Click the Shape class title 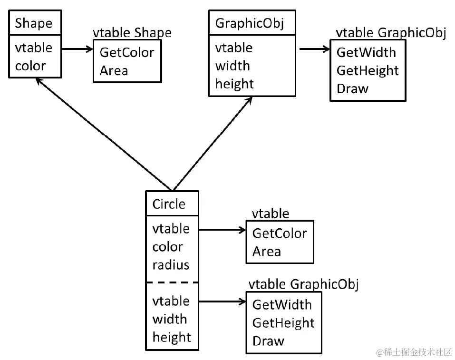tap(33, 23)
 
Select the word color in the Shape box tap(30, 66)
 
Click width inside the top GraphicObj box tap(232, 66)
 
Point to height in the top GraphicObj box tap(234, 84)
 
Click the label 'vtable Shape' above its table tap(132, 32)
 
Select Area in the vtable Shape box tap(114, 70)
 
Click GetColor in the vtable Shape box tap(126, 52)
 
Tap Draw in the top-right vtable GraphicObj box tap(352, 88)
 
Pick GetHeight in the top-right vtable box tap(367, 70)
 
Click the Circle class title tap(169, 204)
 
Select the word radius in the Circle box tap(171, 265)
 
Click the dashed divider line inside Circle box tap(172, 282)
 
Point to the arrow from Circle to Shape tap(102, 134)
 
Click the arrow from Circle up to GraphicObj tap(212, 143)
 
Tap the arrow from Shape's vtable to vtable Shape tap(76, 48)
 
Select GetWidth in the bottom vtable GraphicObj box tap(281, 304)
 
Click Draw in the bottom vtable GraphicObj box tap(268, 341)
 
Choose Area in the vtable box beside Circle tap(266, 251)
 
